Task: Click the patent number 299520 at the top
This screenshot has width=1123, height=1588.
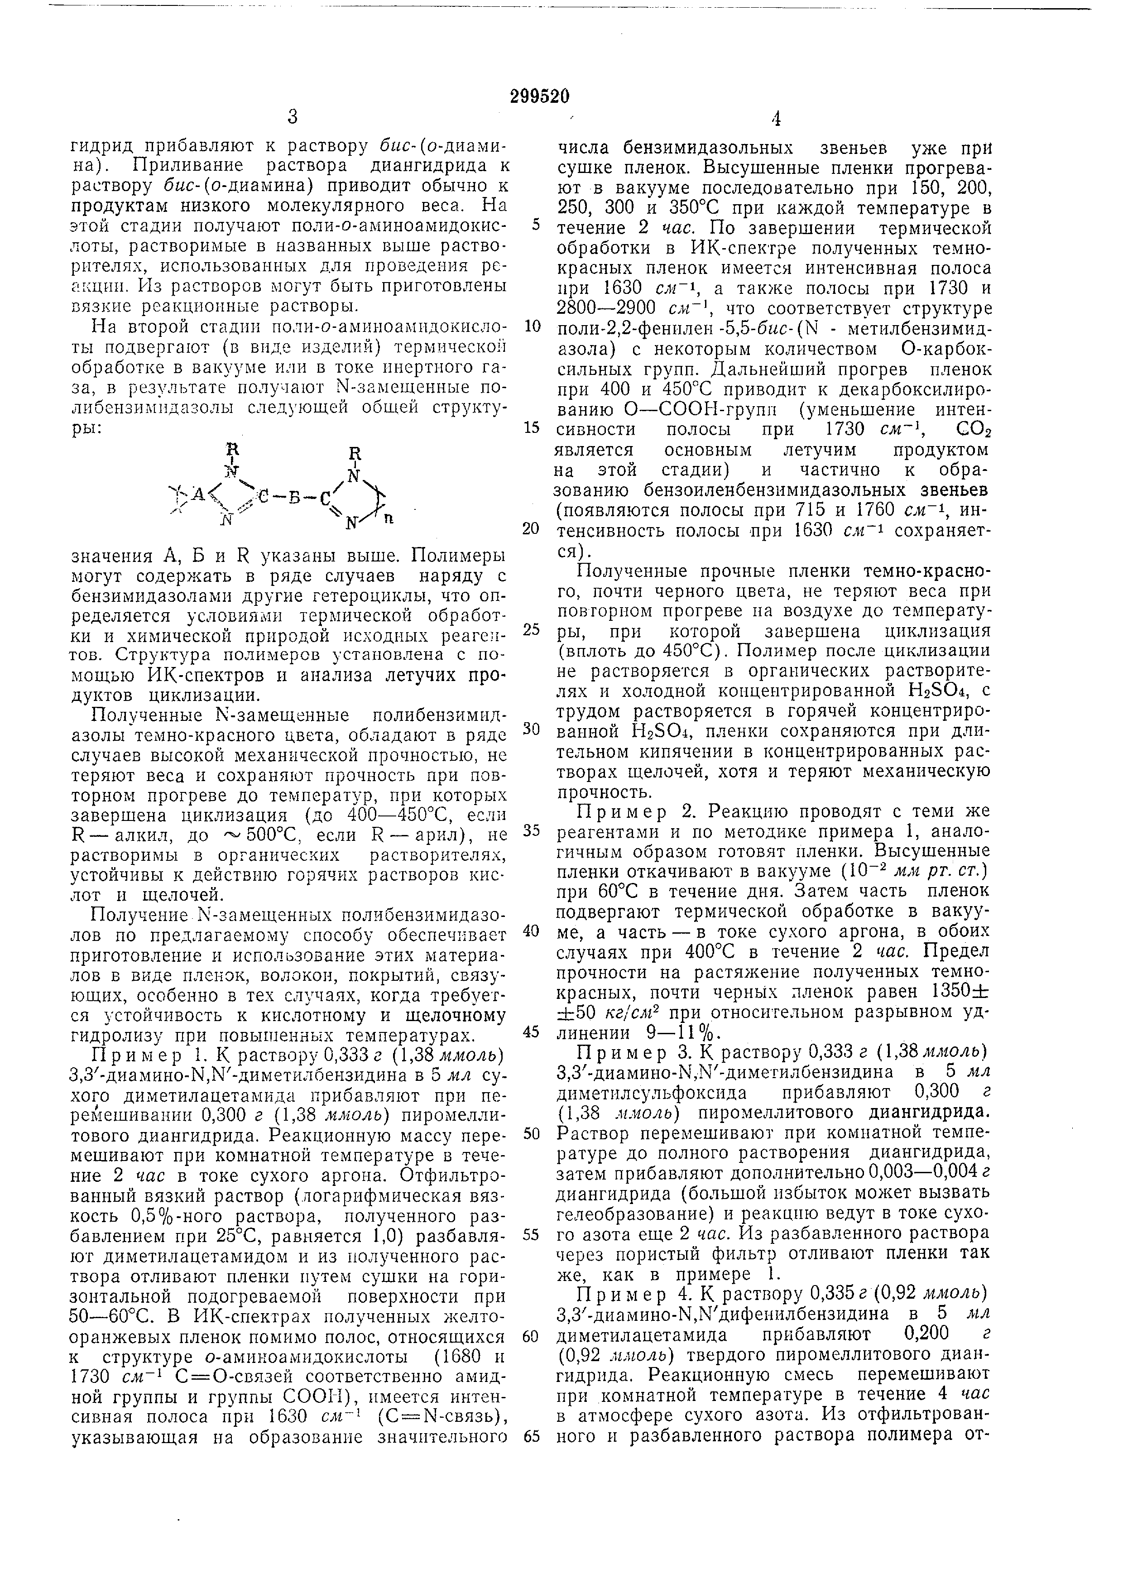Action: (x=539, y=97)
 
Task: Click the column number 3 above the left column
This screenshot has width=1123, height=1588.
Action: (x=293, y=118)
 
